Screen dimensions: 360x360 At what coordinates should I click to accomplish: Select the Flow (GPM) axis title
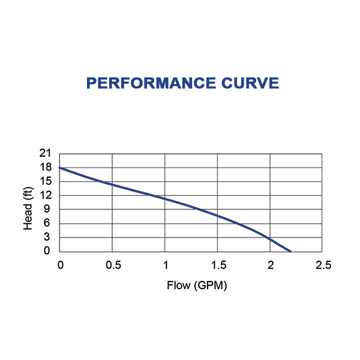197,286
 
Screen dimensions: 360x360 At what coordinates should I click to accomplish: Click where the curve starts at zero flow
60,168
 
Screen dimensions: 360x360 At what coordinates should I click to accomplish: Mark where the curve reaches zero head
290,251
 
